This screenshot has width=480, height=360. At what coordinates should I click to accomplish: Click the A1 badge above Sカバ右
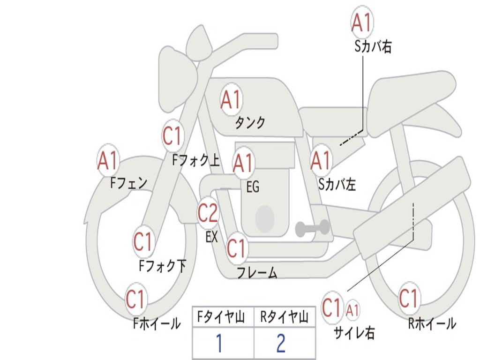(x=362, y=22)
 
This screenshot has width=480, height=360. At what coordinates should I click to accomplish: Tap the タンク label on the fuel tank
(x=250, y=123)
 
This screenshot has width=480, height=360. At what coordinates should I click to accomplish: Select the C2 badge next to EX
(x=208, y=213)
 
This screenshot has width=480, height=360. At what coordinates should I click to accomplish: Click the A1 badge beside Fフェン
(x=108, y=160)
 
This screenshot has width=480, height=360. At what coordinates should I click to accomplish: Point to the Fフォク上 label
(x=196, y=161)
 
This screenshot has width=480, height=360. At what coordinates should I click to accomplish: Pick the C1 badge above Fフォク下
(x=143, y=242)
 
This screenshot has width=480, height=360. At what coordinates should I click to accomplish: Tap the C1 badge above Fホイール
(x=135, y=299)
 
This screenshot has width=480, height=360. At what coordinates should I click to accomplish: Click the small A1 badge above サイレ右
(x=353, y=309)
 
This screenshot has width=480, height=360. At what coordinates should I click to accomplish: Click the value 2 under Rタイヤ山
(x=281, y=344)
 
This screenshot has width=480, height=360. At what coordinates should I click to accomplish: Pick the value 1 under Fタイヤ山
(x=219, y=344)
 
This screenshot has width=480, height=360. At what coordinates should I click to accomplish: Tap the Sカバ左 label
(x=337, y=185)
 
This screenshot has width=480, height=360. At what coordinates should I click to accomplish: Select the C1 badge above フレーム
(x=236, y=248)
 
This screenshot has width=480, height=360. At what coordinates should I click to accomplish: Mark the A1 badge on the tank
(x=231, y=99)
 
